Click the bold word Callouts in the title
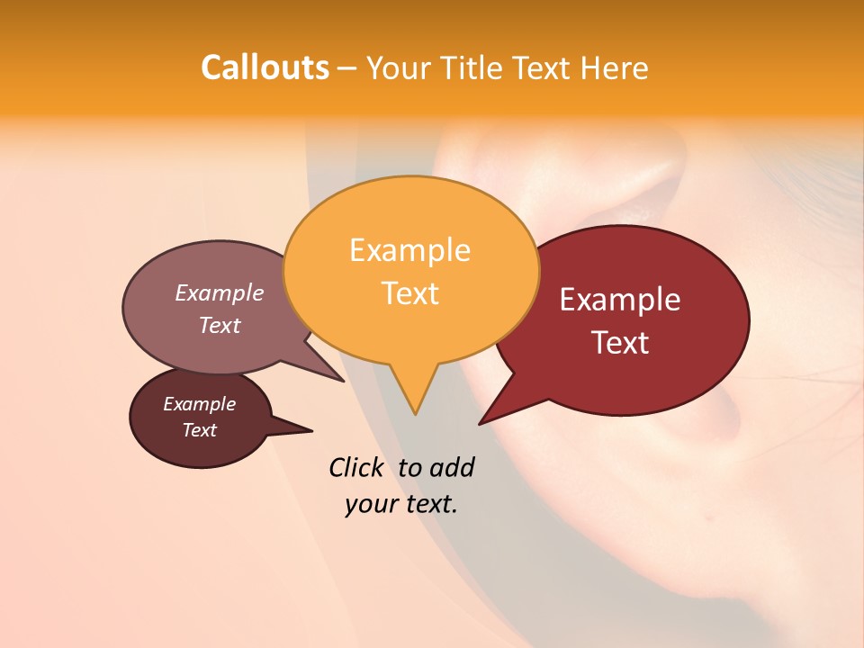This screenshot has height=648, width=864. (x=265, y=67)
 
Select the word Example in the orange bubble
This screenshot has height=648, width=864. (x=409, y=250)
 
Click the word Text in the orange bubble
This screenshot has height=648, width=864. (x=409, y=293)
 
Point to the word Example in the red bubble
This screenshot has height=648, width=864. (x=620, y=300)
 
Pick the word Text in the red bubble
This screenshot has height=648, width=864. (x=620, y=343)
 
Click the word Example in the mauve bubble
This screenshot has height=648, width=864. (x=220, y=293)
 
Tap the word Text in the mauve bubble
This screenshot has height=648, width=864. (x=220, y=325)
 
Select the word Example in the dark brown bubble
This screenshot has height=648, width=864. (x=200, y=404)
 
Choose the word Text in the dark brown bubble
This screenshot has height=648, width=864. (x=200, y=430)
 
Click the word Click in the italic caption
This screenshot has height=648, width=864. (x=357, y=467)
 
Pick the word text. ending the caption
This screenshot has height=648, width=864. (x=430, y=504)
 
